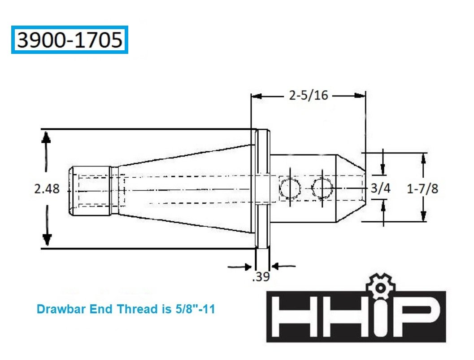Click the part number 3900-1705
click(x=70, y=40)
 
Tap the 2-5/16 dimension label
click(x=309, y=95)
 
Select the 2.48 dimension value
click(x=47, y=189)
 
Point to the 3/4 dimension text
click(x=380, y=188)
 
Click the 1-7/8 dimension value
click(x=422, y=189)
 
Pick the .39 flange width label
click(x=261, y=277)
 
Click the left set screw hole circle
click(x=290, y=188)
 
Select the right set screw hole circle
click(x=322, y=188)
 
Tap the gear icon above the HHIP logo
click(x=380, y=286)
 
